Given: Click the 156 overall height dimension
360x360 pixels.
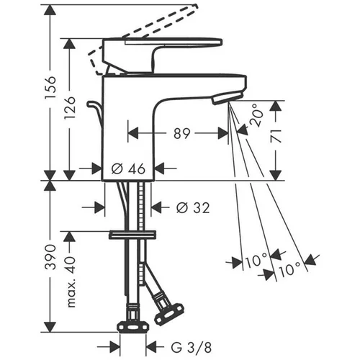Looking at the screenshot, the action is (x=50, y=87).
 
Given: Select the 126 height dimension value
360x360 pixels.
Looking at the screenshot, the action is (x=70, y=108).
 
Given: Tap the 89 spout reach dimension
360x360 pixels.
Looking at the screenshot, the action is (x=182, y=133).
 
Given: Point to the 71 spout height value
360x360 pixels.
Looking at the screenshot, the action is (x=276, y=136).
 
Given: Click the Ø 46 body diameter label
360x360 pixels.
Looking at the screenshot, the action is (x=128, y=168).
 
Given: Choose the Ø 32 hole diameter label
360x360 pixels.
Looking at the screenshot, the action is (x=193, y=207).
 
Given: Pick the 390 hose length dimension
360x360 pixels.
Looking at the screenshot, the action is (x=50, y=257).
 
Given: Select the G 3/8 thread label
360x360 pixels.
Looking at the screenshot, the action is (x=192, y=347).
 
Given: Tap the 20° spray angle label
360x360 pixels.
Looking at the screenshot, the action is (x=256, y=115).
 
